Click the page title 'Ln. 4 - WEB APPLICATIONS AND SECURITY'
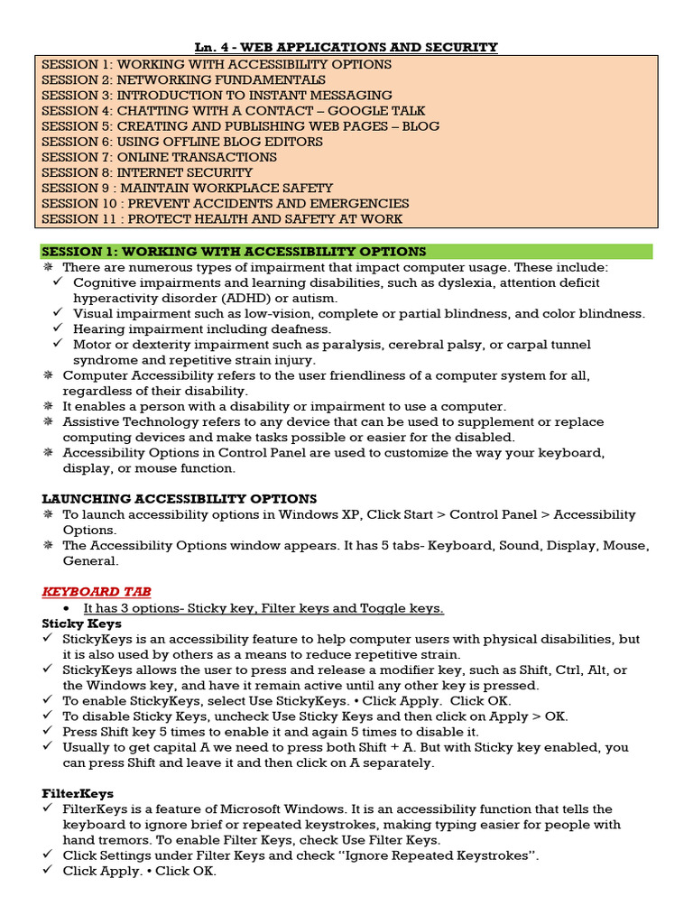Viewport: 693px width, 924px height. (x=347, y=47)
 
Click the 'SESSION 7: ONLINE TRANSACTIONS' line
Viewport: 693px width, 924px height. (x=159, y=157)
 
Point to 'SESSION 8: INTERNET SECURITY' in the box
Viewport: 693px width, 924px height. (x=147, y=172)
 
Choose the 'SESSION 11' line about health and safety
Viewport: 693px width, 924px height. (x=222, y=218)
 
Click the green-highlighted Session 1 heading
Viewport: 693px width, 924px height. (x=234, y=251)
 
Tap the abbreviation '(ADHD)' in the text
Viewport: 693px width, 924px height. (x=257, y=298)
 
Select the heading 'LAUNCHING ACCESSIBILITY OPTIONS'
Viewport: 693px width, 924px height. (x=180, y=498)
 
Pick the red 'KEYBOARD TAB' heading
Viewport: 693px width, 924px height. (x=97, y=591)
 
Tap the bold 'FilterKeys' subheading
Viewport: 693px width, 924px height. (x=78, y=793)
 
